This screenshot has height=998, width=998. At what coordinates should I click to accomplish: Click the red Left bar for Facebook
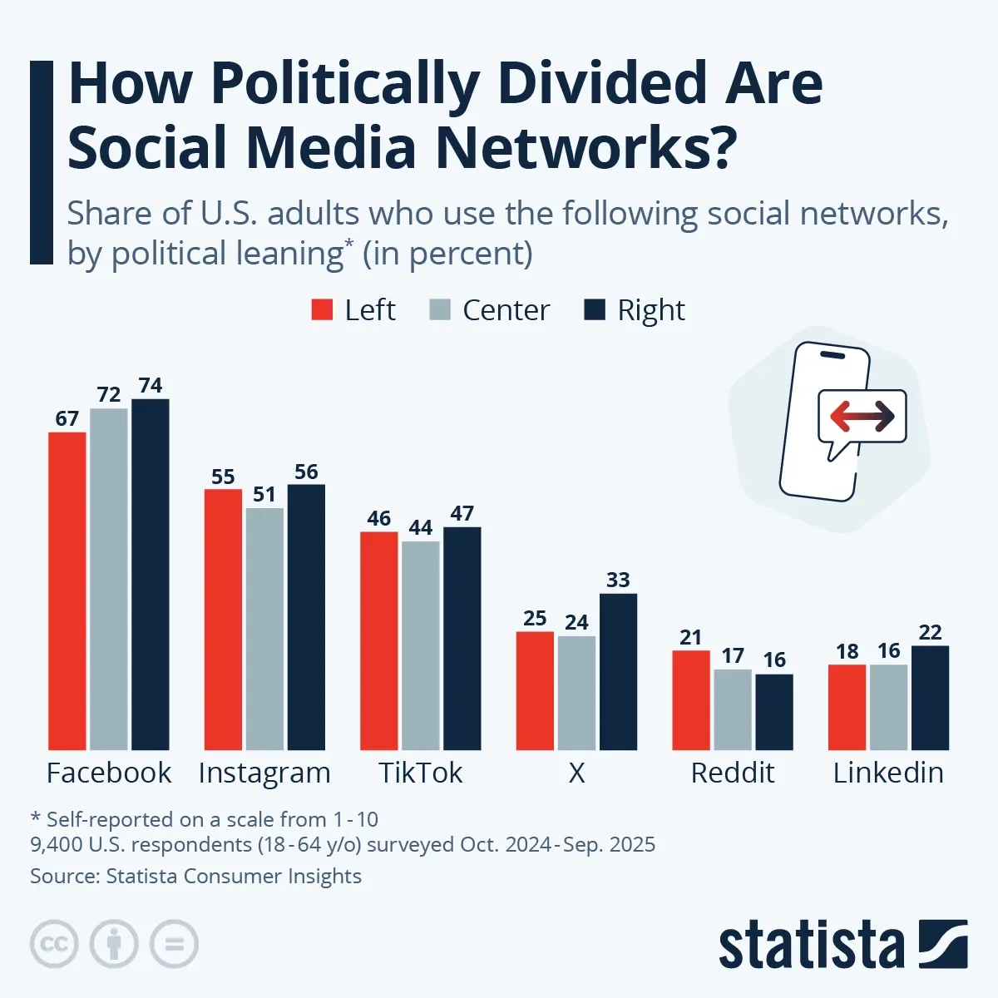[x=67, y=590]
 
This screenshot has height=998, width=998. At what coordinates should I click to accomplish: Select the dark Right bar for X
[x=618, y=671]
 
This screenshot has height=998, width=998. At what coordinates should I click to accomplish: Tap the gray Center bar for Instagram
[x=264, y=629]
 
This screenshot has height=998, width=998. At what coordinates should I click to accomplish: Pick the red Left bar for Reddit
[x=691, y=699]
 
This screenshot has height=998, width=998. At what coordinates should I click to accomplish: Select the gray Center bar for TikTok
[x=421, y=645]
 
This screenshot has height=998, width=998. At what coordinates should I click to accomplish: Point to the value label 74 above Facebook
[x=151, y=386]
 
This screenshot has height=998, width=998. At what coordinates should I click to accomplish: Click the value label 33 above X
[x=618, y=580]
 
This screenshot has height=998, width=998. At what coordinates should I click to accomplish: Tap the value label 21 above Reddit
[x=691, y=637]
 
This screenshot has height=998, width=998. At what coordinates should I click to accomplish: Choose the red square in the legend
[x=322, y=310]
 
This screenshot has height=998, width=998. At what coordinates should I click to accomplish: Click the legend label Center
[x=506, y=310]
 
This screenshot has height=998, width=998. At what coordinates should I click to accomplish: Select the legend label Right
[x=650, y=310]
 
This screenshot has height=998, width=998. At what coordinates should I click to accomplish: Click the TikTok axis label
[x=421, y=773]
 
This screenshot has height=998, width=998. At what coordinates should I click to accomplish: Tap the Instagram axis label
[x=264, y=773]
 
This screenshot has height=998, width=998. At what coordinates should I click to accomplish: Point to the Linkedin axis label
[x=888, y=773]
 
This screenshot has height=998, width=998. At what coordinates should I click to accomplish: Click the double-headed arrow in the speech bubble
[x=862, y=416]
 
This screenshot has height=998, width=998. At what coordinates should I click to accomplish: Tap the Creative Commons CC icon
[x=54, y=944]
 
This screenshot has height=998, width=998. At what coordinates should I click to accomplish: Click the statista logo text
[x=811, y=946]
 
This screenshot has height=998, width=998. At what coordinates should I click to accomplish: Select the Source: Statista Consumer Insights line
[x=195, y=876]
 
